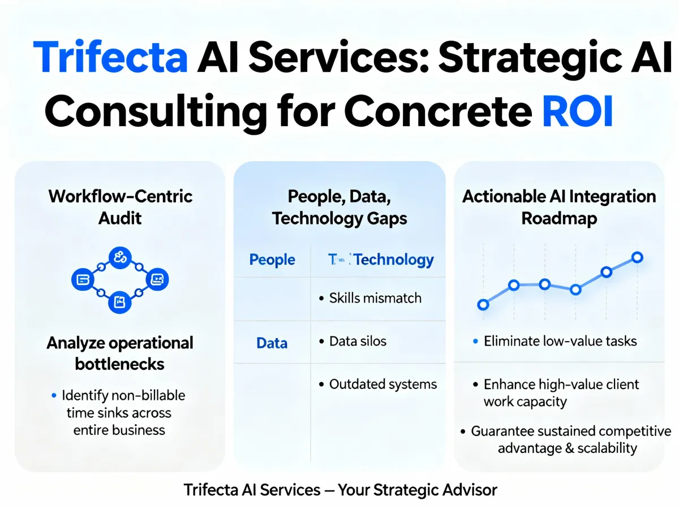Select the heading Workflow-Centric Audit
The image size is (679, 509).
pyautogui.click(x=121, y=207)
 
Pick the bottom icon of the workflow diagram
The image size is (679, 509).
pyautogui.click(x=119, y=302)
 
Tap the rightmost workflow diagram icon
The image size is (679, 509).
pyautogui.click(x=157, y=279)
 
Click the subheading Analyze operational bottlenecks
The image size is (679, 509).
pyautogui.click(x=120, y=353)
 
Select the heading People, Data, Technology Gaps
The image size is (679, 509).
pyautogui.click(x=339, y=207)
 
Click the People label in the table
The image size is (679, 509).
pyautogui.click(x=272, y=260)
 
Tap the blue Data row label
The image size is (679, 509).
pyautogui.click(x=272, y=343)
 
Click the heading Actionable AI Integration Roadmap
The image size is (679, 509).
pyautogui.click(x=559, y=207)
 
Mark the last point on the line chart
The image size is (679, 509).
pyautogui.click(x=637, y=257)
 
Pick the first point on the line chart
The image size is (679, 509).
pyautogui.click(x=483, y=305)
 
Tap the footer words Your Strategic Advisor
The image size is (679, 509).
pyautogui.click(x=418, y=490)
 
